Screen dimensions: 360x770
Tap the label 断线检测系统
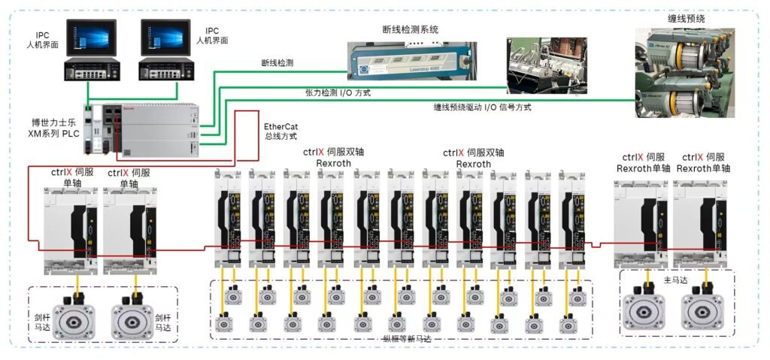(410, 29)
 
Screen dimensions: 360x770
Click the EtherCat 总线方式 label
(281, 131)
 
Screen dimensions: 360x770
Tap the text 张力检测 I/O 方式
(337, 92)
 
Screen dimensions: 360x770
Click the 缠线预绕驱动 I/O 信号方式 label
(482, 107)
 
